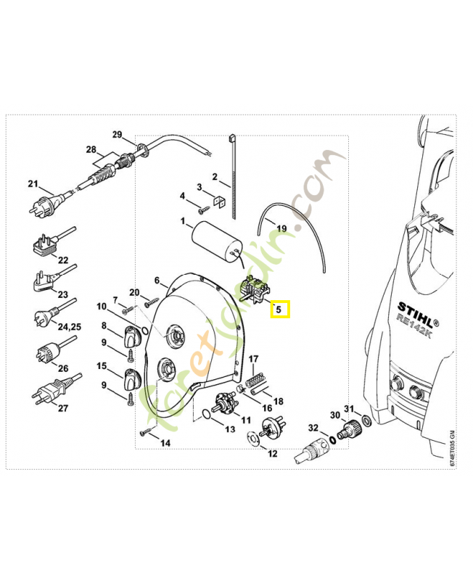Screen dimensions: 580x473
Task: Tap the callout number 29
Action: click(118, 135)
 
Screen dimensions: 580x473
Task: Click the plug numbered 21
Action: click(44, 206)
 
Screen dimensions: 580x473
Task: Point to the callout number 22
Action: click(63, 260)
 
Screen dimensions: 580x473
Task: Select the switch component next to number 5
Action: click(252, 291)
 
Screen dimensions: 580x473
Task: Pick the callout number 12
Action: click(273, 454)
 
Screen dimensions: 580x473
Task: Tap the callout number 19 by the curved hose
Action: click(281, 228)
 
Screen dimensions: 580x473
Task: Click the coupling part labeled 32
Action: click(312, 448)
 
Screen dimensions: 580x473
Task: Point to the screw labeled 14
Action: click(147, 434)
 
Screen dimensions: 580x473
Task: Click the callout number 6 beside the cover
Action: click(156, 280)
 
